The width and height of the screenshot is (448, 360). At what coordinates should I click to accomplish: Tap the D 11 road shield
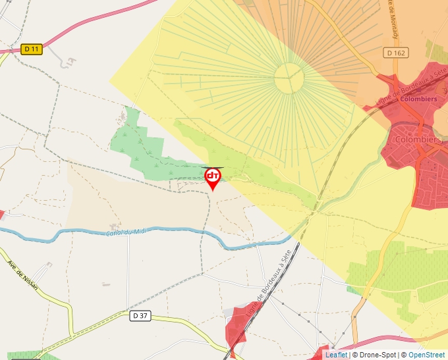pyautogui.click(x=32, y=49)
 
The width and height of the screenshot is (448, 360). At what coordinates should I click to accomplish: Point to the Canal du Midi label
pyautogui.click(x=126, y=230)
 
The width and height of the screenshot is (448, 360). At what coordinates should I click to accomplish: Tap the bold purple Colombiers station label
pyautogui.click(x=418, y=99)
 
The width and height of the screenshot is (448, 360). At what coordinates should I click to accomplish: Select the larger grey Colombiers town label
pyautogui.click(x=419, y=140)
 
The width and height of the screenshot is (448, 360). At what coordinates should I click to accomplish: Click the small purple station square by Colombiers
pyautogui.click(x=397, y=99)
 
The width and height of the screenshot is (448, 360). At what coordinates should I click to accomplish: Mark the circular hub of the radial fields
pyautogui.click(x=289, y=78)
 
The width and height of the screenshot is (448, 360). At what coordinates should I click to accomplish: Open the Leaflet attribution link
pyautogui.click(x=336, y=355)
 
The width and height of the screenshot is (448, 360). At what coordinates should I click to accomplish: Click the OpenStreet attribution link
pyautogui.click(x=426, y=355)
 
